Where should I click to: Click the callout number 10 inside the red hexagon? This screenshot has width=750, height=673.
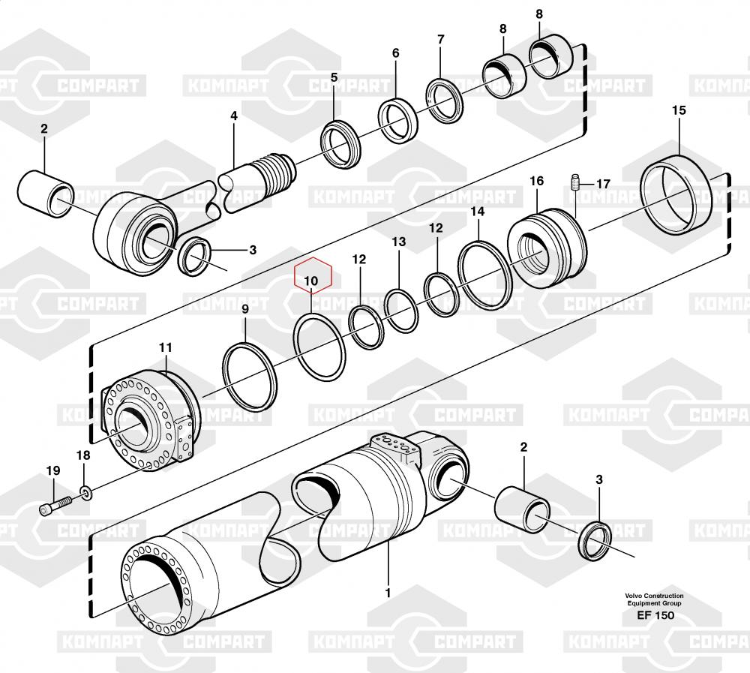pyautogui.click(x=311, y=281)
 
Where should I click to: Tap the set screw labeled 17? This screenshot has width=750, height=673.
pyautogui.click(x=575, y=182)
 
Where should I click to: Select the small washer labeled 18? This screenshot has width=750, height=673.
pyautogui.click(x=86, y=492)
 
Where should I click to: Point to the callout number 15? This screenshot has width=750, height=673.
pyautogui.click(x=679, y=110)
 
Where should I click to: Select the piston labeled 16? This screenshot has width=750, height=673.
pyautogui.click(x=547, y=248)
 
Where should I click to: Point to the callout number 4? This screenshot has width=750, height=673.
pyautogui.click(x=234, y=116)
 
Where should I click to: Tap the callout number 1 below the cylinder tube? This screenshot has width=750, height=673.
pyautogui.click(x=388, y=593)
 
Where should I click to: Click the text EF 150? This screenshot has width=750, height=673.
pyautogui.click(x=655, y=615)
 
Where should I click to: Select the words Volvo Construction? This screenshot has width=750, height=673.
pyautogui.click(x=654, y=596)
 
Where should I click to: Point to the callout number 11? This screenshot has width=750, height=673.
pyautogui.click(x=166, y=347)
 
